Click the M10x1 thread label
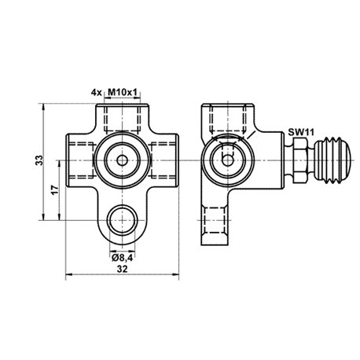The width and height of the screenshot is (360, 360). pyautogui.click(x=123, y=92)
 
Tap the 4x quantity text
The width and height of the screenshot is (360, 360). pyautogui.click(x=96, y=92)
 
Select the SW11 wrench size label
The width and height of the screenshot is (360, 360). pyautogui.click(x=301, y=132)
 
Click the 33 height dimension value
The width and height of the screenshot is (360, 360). pyautogui.click(x=39, y=160)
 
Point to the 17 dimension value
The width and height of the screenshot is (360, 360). pyautogui.click(x=54, y=189)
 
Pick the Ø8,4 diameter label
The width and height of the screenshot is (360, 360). pyautogui.click(x=123, y=258)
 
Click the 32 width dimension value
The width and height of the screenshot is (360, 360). pyautogui.click(x=122, y=269)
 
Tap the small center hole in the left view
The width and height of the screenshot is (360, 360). pyautogui.click(x=123, y=160)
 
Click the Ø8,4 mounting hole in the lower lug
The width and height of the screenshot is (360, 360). pyautogui.click(x=123, y=220)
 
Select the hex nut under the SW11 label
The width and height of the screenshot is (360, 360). pyautogui.click(x=300, y=160)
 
